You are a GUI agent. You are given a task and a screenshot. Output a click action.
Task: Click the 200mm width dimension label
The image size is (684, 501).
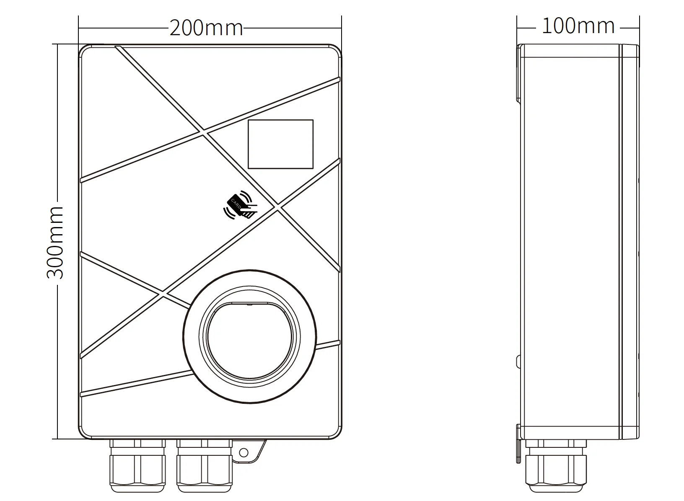[x=206, y=28]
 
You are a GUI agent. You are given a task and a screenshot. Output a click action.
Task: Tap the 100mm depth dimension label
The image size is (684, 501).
[x=578, y=26]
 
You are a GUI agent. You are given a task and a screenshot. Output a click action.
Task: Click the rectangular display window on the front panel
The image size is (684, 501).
[x=281, y=144]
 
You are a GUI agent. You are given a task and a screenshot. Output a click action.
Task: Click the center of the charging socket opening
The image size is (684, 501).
[x=250, y=342]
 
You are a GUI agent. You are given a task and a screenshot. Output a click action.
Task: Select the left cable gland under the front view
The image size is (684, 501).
[x=138, y=466]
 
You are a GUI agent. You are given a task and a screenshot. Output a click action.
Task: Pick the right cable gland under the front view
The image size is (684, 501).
[x=205, y=466]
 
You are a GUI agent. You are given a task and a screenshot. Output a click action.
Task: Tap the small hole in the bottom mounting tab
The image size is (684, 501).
[x=244, y=453]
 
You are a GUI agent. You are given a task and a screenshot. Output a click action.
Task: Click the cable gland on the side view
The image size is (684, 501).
[x=556, y=466]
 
